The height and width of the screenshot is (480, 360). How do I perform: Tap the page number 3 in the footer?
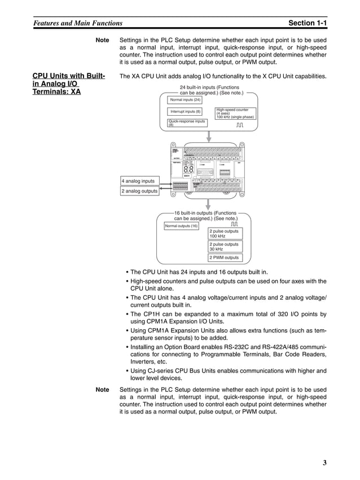pyautogui.click(x=324, y=464)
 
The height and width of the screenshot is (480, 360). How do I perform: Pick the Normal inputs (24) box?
pyautogui.click(x=185, y=100)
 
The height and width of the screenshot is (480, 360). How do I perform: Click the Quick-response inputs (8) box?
pyautogui.click(x=187, y=123)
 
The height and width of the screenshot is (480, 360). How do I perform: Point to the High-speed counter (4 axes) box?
pyautogui.click(x=235, y=113)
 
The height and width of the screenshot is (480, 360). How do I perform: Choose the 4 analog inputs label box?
pyautogui.click(x=139, y=181)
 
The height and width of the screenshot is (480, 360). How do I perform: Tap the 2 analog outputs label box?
pyautogui.click(x=139, y=191)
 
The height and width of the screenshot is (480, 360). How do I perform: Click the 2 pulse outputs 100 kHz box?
pyautogui.click(x=225, y=233)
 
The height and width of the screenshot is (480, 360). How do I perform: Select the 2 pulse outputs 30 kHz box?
pyautogui.click(x=225, y=246)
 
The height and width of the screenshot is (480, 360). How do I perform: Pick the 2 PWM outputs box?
pyautogui.click(x=225, y=258)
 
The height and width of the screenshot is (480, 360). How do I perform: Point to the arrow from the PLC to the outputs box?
pyautogui.click(x=209, y=204)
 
